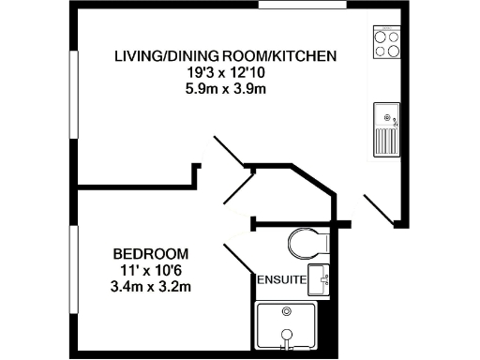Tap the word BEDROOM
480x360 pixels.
pos(150,254)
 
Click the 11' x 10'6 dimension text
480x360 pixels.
pos(150,270)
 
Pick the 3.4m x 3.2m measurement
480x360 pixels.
pos(150,286)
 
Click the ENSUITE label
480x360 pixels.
pos(280,279)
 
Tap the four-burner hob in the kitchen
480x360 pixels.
pos(386,42)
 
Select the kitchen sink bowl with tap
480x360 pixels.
pos(386,116)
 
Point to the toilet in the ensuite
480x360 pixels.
pos(306,243)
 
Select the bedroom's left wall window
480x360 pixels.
pos(73,272)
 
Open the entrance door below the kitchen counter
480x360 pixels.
pos(379,208)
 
